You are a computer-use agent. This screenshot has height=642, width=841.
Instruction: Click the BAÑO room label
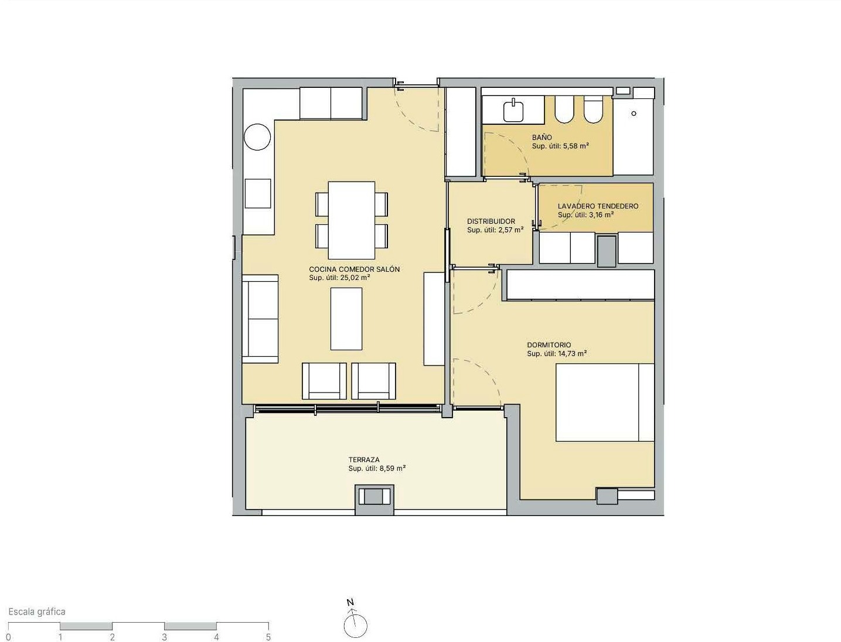[542, 137]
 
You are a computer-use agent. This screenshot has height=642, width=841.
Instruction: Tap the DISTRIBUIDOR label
[491, 221]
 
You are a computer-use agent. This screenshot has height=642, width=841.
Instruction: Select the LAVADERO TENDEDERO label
[598, 206]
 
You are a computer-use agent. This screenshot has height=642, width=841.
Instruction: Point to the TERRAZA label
[364, 460]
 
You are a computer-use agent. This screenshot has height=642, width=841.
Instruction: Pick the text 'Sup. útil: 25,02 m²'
[339, 278]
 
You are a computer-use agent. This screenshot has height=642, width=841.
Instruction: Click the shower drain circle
[634, 113]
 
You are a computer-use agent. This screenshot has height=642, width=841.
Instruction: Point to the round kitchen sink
[257, 136]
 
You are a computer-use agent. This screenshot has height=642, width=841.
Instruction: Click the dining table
[351, 220]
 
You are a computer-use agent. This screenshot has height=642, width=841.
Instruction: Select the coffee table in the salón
[346, 319]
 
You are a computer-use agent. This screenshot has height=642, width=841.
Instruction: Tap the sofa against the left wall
[260, 319]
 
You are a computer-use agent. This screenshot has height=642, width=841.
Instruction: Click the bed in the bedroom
[605, 402]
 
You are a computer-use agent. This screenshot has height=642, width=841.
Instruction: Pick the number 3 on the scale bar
[164, 637]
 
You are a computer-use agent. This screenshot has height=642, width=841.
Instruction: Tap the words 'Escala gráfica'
[37, 612]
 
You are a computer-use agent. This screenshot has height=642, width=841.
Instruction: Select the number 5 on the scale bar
[268, 637]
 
